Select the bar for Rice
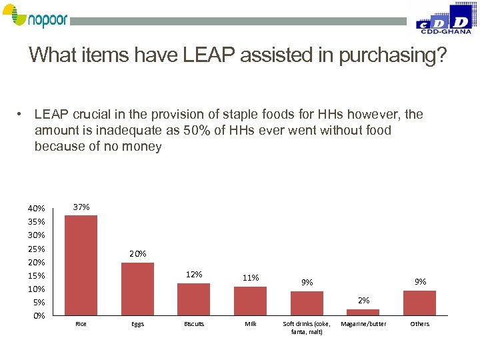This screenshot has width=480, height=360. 81,265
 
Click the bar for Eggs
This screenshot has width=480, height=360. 137,289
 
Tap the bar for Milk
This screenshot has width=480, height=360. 250,301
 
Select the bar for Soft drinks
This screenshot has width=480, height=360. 307,303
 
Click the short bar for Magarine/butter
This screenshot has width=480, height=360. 363,312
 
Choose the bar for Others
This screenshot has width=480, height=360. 419,303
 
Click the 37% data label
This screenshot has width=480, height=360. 81,207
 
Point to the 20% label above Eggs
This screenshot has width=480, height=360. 138,254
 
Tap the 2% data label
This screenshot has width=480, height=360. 363,301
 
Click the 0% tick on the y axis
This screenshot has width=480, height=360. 39,315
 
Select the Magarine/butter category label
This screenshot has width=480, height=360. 363,324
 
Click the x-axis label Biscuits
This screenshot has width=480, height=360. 194,324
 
